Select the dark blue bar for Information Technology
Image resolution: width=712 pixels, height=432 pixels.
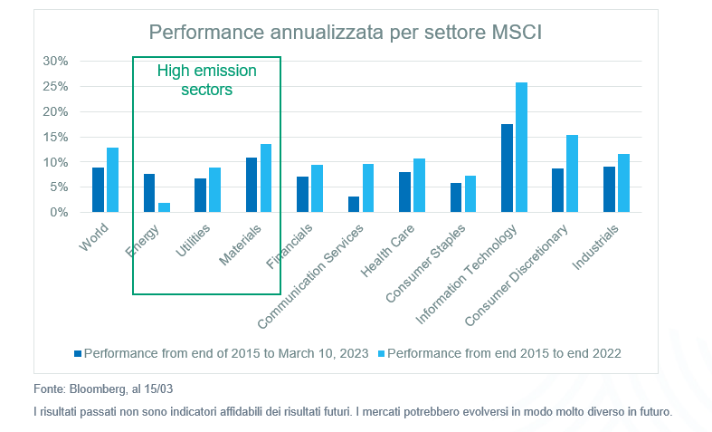click(507, 168)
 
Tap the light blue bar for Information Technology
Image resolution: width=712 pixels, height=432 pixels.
click(521, 148)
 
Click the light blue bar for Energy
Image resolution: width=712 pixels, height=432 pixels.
click(164, 207)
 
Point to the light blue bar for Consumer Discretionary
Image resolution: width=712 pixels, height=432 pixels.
click(572, 174)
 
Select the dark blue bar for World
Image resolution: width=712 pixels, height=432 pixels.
click(98, 190)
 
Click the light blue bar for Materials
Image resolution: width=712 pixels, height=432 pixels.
click(266, 178)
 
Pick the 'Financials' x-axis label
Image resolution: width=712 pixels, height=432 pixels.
click(291, 249)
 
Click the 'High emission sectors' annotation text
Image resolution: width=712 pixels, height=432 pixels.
click(207, 80)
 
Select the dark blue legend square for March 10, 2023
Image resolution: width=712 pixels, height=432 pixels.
click(78, 353)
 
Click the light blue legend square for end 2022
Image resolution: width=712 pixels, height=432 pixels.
click(380, 353)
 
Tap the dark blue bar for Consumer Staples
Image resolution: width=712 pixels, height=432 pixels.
click(455, 197)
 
